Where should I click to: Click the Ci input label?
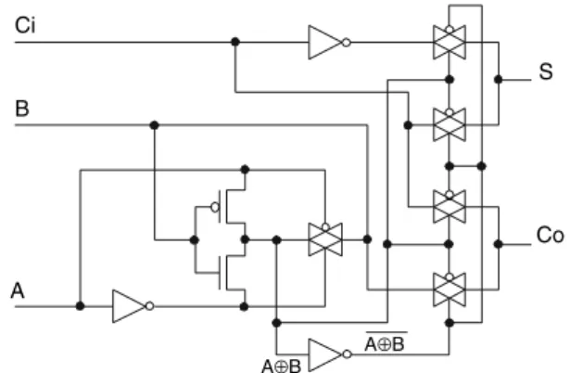point(25,25)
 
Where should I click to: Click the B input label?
point(22,109)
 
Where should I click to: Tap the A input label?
point(18,290)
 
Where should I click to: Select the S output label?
point(546,71)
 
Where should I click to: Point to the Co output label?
point(551,235)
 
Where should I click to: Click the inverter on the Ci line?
point(329,42)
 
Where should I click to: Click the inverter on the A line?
point(133,306)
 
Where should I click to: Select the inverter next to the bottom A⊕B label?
point(330,354)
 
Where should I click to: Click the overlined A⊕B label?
point(385,343)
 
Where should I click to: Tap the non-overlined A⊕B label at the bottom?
point(282,367)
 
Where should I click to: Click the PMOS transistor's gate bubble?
point(215,208)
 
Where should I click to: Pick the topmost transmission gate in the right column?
point(450,42)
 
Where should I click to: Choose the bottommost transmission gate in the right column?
point(450,289)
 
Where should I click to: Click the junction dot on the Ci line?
point(235,42)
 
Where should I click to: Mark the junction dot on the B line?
point(154,125)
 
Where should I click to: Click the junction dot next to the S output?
point(499,79)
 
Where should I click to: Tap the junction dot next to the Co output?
point(499,244)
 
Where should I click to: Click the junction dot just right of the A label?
point(80,306)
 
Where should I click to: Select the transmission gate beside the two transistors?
point(325,239)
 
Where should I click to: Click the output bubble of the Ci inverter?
point(347,43)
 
